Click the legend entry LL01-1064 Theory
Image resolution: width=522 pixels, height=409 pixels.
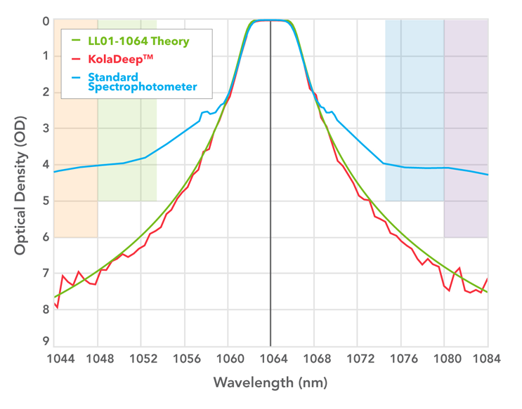click(x=138, y=41)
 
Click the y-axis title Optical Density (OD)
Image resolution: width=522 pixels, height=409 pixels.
click(x=20, y=180)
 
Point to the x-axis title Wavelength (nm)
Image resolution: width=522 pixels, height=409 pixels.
click(x=270, y=383)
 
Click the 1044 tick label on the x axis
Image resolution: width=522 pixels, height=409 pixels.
click(x=61, y=359)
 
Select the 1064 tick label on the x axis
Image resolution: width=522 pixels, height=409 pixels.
click(x=270, y=359)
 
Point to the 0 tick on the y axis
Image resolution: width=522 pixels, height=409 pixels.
click(x=45, y=21)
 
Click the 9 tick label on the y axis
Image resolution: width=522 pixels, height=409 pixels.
click(x=45, y=342)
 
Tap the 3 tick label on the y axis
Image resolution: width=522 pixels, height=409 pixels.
click(x=45, y=128)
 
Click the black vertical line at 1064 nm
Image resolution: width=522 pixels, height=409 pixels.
click(x=270, y=210)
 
